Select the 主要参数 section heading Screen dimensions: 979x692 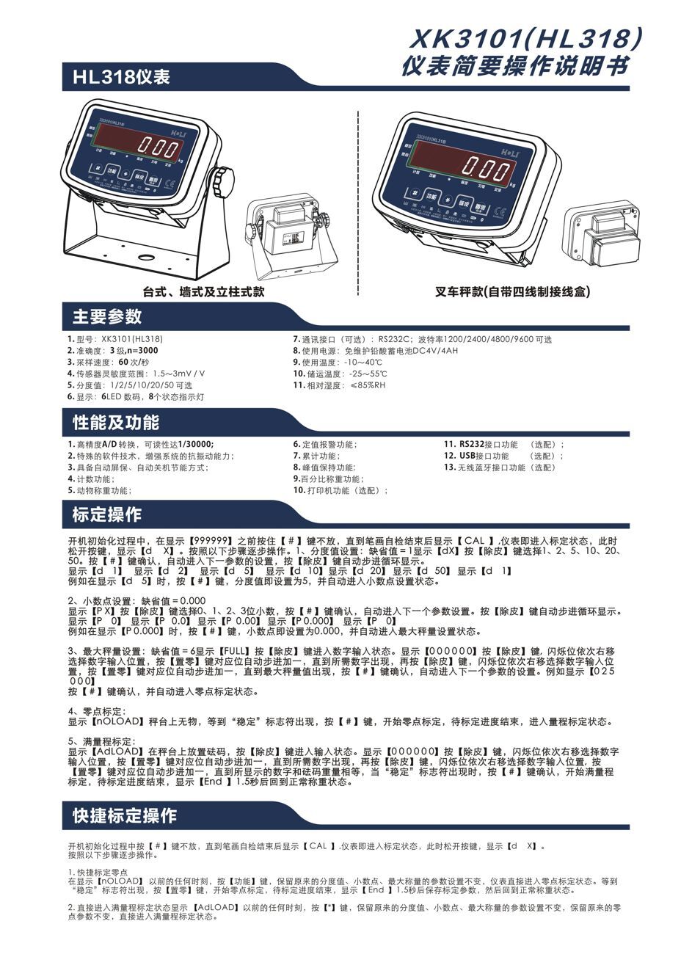[107, 317]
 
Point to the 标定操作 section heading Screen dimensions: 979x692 [107, 514]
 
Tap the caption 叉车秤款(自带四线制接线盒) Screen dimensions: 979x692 [511, 292]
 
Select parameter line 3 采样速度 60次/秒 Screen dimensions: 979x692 [109, 363]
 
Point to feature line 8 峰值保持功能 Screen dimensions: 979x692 [324, 467]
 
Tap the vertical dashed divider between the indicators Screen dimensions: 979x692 [357, 198]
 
